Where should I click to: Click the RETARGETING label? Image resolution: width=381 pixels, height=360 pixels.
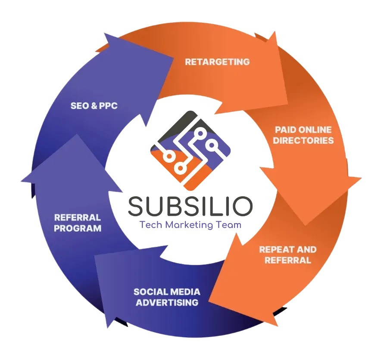[x=217, y=62]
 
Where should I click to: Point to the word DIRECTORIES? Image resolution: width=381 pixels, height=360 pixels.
[x=303, y=140]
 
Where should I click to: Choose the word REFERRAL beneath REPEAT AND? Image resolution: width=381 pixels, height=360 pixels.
[x=287, y=261]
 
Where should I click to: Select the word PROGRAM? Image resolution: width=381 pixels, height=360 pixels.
[x=78, y=229]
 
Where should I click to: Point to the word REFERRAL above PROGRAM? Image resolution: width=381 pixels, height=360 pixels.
[x=78, y=218]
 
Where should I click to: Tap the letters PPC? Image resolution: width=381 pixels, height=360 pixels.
[x=108, y=106]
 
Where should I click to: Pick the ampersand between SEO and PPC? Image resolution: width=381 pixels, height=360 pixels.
[x=94, y=106]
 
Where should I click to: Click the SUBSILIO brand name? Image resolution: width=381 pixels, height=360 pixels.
[x=190, y=206]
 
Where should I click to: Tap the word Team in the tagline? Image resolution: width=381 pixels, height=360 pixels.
[x=228, y=225]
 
